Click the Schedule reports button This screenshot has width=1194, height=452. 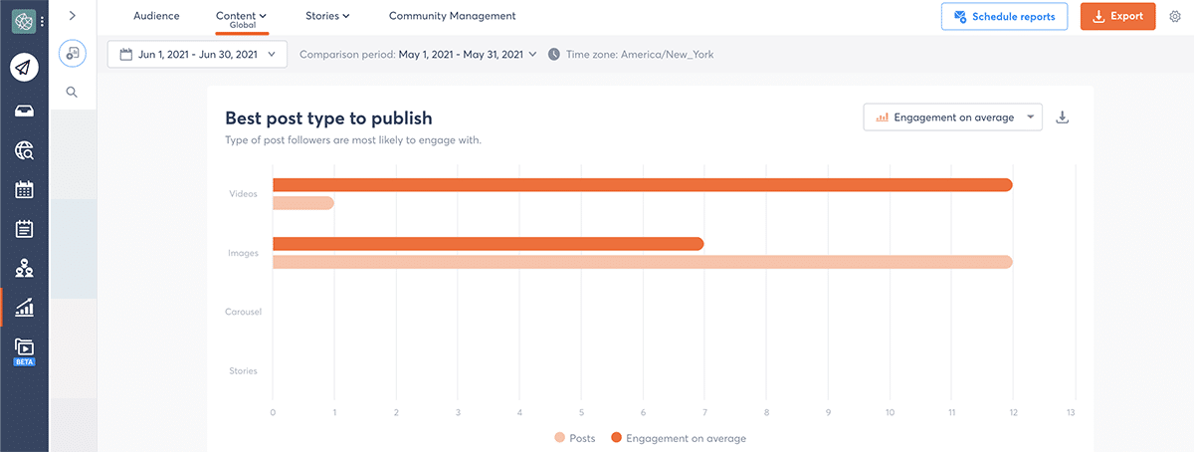click(x=1004, y=17)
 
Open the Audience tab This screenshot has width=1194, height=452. click(x=156, y=16)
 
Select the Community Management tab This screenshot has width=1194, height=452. click(x=452, y=16)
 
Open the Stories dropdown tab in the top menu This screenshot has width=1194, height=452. click(x=327, y=16)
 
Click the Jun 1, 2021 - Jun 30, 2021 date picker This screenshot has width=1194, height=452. click(x=198, y=54)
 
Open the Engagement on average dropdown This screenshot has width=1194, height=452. click(x=952, y=117)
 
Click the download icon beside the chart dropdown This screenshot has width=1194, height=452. click(x=1062, y=117)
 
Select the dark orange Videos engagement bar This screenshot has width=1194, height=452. click(x=642, y=185)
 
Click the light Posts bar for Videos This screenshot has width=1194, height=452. click(x=302, y=203)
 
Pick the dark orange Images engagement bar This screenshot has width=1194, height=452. click(x=488, y=244)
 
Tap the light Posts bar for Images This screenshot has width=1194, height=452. click(x=642, y=262)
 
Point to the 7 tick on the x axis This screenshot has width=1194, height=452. click(x=703, y=411)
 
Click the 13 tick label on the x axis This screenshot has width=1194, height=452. click(x=1071, y=411)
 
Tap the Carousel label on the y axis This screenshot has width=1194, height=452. click(x=243, y=312)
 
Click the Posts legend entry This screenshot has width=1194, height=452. click(x=575, y=438)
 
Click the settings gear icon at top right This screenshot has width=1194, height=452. click(x=1175, y=17)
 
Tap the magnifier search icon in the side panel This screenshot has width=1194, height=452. click(x=73, y=92)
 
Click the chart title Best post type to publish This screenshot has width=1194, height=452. click(x=328, y=118)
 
